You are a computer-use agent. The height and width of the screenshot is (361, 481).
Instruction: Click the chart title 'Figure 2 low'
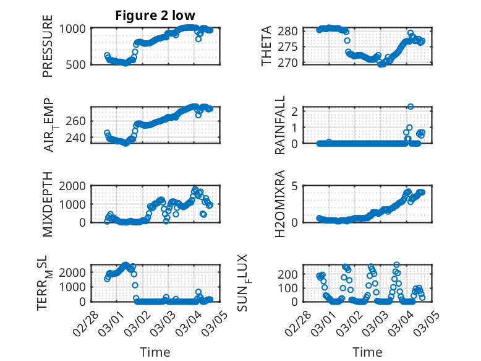tap(156, 15)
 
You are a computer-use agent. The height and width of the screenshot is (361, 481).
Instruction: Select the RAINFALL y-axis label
tap(280, 124)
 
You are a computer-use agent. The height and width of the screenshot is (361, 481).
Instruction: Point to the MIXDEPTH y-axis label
tap(48, 204)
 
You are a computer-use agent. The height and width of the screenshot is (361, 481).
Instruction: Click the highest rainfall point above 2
tap(411, 107)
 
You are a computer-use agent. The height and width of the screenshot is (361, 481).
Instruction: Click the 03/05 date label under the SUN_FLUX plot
tap(423, 321)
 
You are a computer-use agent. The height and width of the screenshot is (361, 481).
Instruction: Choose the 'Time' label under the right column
tap(367, 352)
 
